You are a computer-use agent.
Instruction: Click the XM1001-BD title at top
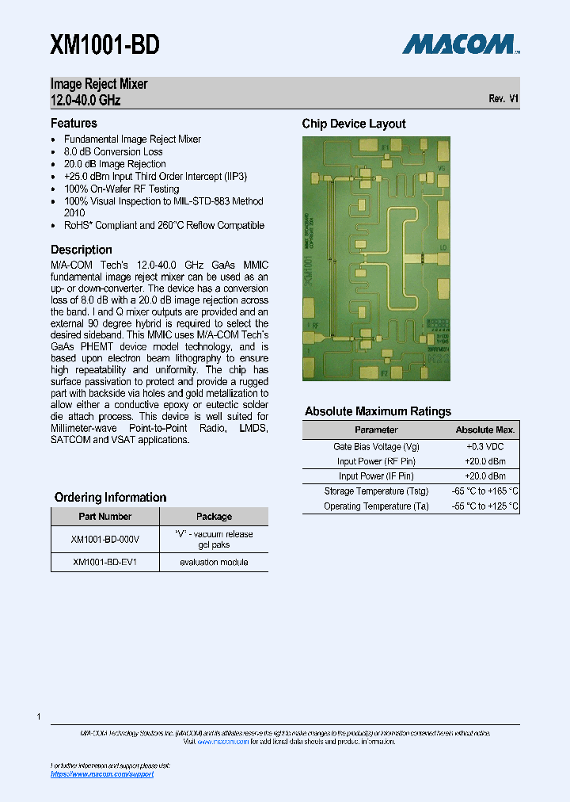pyautogui.click(x=105, y=45)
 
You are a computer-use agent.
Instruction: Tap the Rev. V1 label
pyautogui.click(x=503, y=99)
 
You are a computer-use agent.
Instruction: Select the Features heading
pyautogui.click(x=74, y=123)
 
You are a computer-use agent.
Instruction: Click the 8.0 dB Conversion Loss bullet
pyautogui.click(x=113, y=151)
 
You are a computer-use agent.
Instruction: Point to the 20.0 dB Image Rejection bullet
pyautogui.click(x=115, y=164)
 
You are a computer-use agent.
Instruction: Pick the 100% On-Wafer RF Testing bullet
pyautogui.click(x=121, y=189)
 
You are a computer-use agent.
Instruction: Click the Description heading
pyautogui.click(x=82, y=250)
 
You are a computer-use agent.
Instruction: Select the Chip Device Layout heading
pyautogui.click(x=354, y=124)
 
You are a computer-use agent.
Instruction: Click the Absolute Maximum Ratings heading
pyautogui.click(x=378, y=411)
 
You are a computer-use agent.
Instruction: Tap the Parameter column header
pyautogui.click(x=376, y=430)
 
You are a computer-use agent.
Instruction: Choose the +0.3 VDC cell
pyautogui.click(x=484, y=446)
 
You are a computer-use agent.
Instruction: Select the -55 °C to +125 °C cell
pyautogui.click(x=484, y=506)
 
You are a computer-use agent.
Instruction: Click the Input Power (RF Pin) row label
pyautogui.click(x=376, y=461)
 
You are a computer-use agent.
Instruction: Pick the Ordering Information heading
pyautogui.click(x=110, y=498)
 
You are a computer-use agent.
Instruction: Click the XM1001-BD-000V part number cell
pyautogui.click(x=104, y=539)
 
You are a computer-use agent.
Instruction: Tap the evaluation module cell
pyautogui.click(x=214, y=562)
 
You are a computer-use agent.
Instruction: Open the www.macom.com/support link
pyautogui.click(x=102, y=774)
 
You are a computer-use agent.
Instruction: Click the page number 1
pyautogui.click(x=39, y=717)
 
